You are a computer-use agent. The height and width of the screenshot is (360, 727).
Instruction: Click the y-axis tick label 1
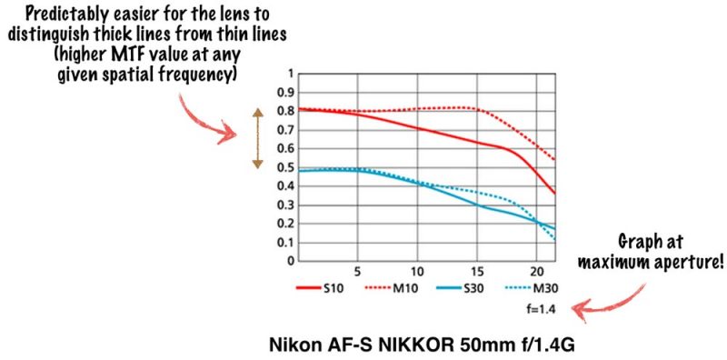coord(291,74)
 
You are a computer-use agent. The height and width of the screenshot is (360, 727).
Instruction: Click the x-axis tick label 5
coord(358,272)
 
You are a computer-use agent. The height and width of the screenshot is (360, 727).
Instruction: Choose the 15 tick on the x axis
coord(477,272)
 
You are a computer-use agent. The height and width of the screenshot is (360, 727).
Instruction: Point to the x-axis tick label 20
coord(536,272)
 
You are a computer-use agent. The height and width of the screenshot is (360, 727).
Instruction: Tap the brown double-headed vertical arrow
coord(257,138)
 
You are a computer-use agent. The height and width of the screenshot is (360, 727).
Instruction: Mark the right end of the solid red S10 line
coord(554,193)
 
